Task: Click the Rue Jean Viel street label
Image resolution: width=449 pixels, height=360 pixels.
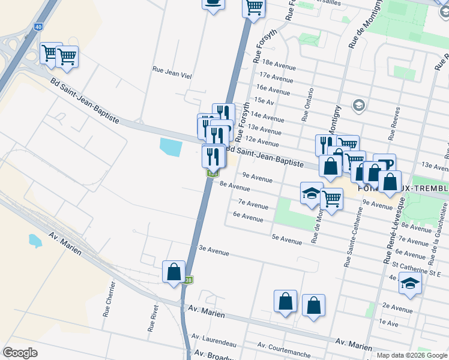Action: click(x=172, y=70)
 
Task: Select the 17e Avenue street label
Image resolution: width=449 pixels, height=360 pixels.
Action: click(x=276, y=77)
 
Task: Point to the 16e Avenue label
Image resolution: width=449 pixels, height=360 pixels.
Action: click(x=274, y=90)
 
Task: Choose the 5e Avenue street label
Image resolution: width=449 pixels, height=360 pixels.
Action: click(x=287, y=240)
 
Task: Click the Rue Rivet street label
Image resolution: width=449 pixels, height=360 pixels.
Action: click(x=152, y=318)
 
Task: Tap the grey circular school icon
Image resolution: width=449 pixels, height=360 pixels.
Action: click(x=359, y=106)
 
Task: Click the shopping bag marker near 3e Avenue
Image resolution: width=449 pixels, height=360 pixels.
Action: click(x=173, y=271)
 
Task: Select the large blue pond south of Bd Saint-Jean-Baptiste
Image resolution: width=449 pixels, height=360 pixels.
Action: click(x=170, y=146)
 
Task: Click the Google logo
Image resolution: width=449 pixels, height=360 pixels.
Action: click(x=20, y=353)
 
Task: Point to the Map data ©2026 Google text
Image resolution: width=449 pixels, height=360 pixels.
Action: click(x=412, y=355)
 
